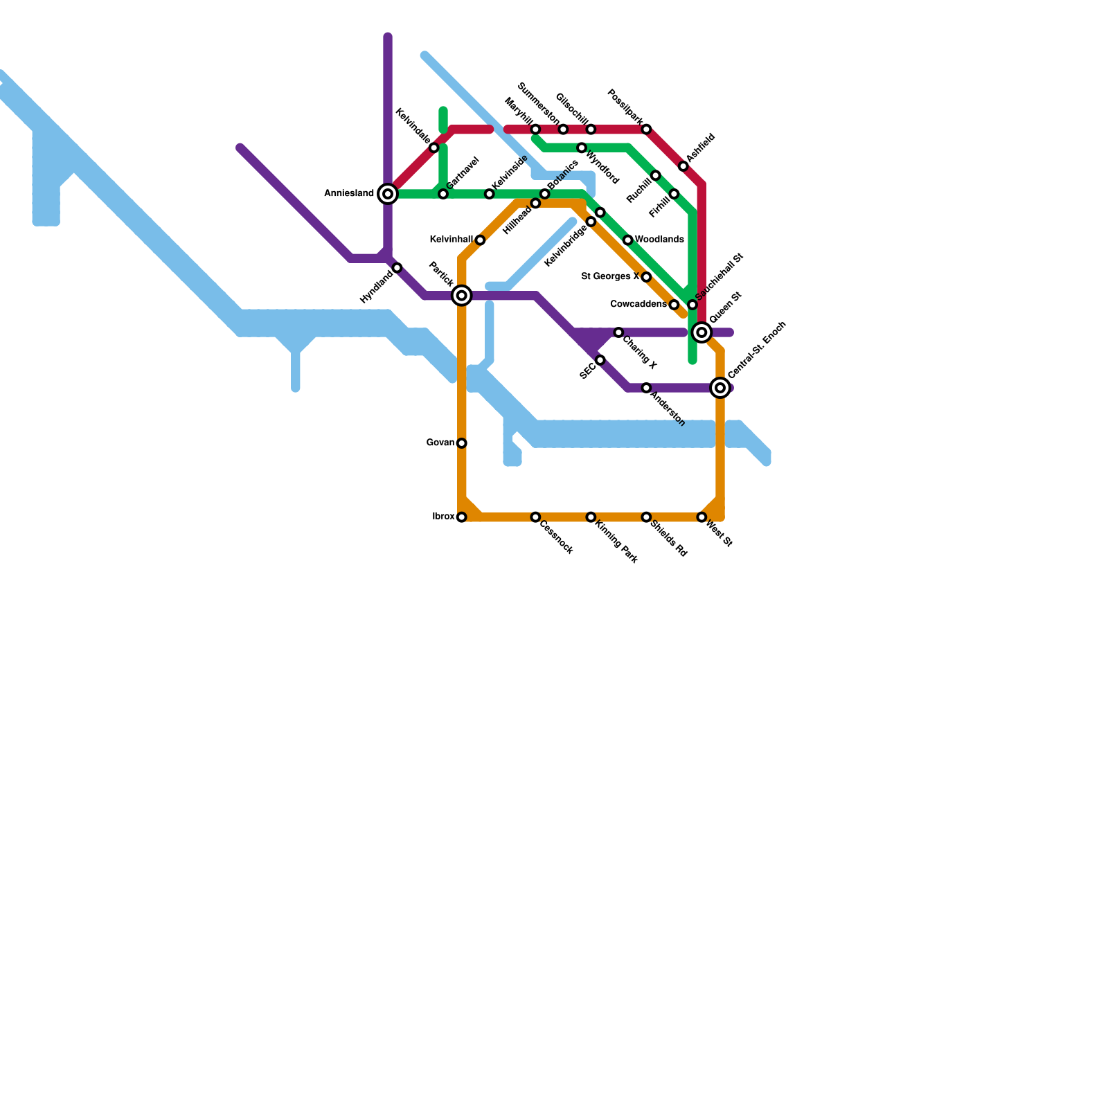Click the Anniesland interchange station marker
click(388, 194)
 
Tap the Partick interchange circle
click(462, 296)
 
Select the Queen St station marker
click(702, 332)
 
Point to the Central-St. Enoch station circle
click(720, 388)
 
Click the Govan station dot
click(462, 443)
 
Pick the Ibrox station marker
click(462, 517)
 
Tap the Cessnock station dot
click(535, 517)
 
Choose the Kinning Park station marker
click(591, 517)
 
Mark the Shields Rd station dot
click(646, 517)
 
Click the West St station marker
click(702, 517)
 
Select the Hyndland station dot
click(397, 268)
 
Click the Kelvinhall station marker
click(480, 240)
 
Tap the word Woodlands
click(659, 240)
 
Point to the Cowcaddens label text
click(638, 305)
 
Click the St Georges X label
click(610, 277)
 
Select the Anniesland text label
click(349, 194)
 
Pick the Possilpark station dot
click(646, 129)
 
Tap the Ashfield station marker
click(683, 166)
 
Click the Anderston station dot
click(646, 388)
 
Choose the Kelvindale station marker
click(434, 148)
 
